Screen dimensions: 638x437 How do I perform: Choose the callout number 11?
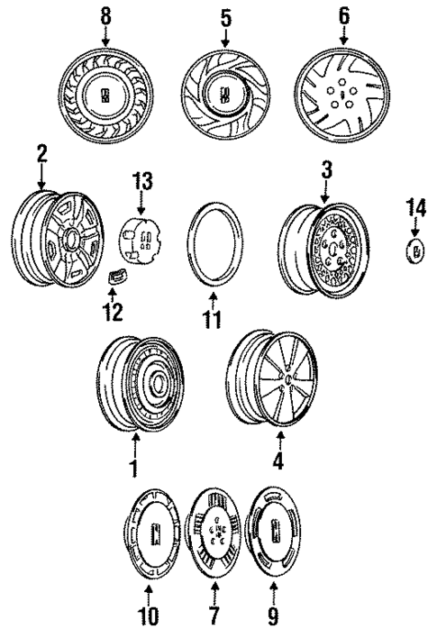pos(212,319)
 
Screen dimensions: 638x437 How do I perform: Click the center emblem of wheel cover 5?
pos(223,92)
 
